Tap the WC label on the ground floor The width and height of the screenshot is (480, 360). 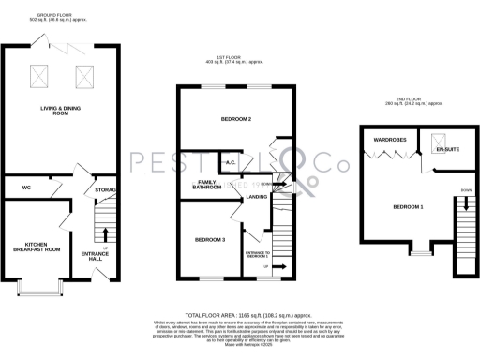[27, 187]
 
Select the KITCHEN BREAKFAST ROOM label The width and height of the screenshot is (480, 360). [36, 248]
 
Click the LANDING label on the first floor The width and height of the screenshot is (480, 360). [257, 197]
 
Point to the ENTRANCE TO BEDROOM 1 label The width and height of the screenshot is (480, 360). [257, 256]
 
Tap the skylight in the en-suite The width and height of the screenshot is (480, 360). [436, 143]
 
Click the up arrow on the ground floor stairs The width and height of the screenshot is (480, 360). [104, 232]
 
